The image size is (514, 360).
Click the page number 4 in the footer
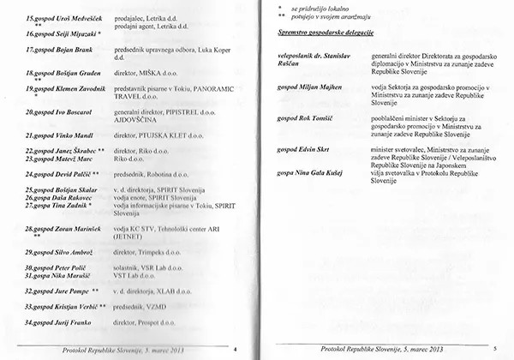click(235, 350)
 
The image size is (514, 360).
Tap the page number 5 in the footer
click(494, 350)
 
